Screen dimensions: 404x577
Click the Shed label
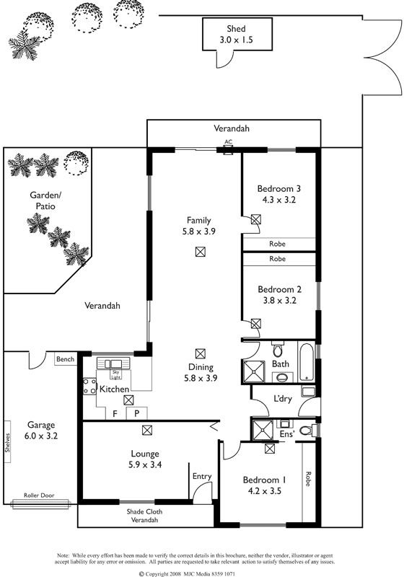point(236,29)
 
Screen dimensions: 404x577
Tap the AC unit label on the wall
point(229,141)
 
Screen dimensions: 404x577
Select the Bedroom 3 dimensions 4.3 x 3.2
point(279,200)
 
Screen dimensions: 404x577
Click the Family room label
point(198,221)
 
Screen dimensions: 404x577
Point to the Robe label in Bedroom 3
point(277,244)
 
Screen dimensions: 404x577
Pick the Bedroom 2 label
point(280,289)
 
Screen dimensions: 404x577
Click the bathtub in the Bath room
point(306,363)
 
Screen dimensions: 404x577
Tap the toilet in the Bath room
point(278,349)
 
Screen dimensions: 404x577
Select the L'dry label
point(283,399)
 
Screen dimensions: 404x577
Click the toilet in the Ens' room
point(307,430)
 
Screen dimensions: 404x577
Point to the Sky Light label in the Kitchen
point(115,374)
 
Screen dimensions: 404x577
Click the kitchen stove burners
point(89,386)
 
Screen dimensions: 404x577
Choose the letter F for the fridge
point(115,413)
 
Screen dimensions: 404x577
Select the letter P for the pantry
point(136,413)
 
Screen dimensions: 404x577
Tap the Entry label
point(202,477)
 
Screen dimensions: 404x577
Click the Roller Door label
point(39,495)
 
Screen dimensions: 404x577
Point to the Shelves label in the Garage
point(7,442)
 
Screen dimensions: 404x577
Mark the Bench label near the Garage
point(65,359)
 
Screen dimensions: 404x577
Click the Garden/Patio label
point(45,201)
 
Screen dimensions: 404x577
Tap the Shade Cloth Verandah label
point(144,516)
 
